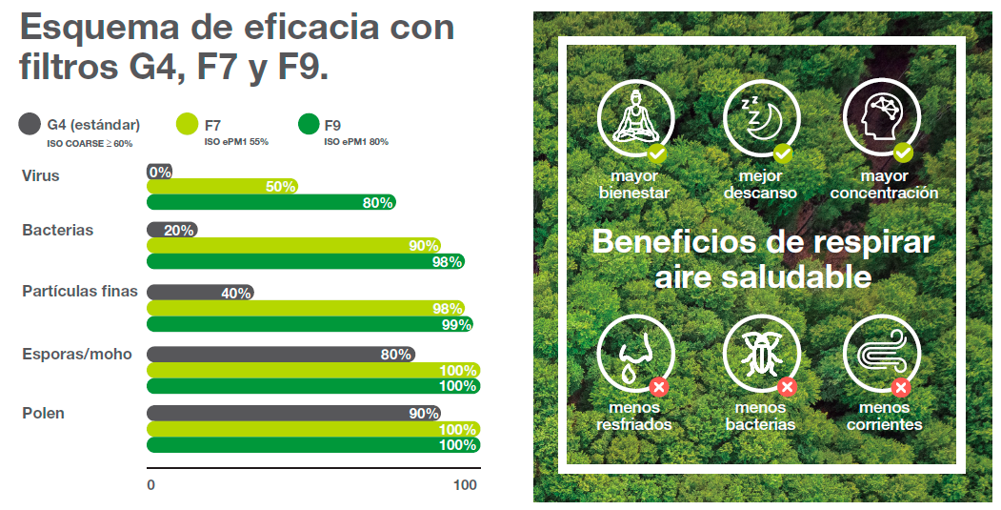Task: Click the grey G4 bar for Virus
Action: [159, 172]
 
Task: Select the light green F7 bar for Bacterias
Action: [293, 245]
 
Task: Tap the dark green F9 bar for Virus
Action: [270, 202]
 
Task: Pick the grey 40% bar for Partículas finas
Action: [200, 293]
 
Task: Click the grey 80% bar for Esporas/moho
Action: [281, 354]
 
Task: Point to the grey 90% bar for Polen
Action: [293, 414]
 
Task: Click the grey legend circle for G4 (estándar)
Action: [30, 124]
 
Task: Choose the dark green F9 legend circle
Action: [308, 124]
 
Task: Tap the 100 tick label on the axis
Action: [465, 485]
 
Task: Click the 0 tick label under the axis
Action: [150, 485]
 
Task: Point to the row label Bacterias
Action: [57, 230]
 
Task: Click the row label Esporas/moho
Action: [76, 354]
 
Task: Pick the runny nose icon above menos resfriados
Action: [632, 354]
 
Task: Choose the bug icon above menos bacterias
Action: [759, 354]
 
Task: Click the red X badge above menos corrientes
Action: [901, 387]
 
